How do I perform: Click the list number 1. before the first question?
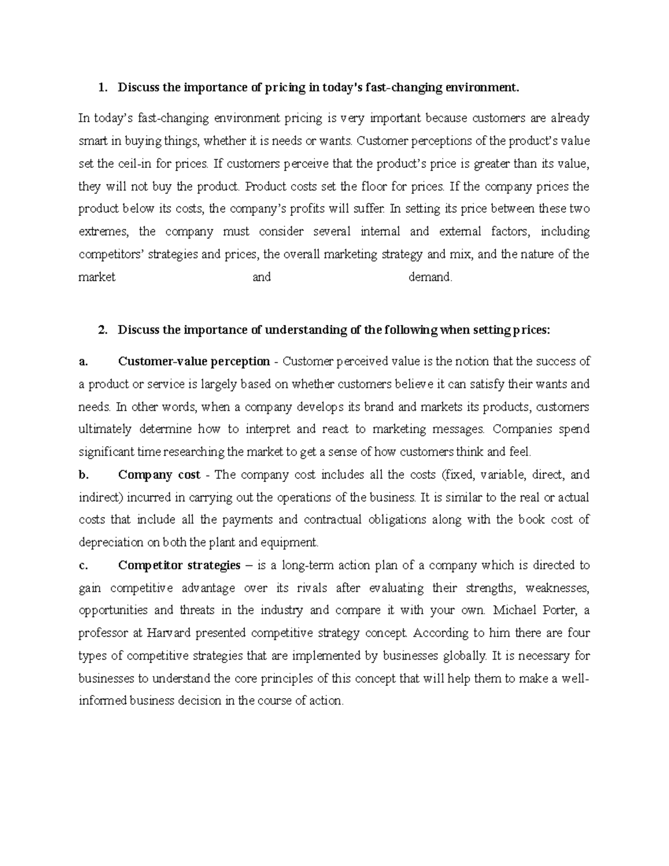101,88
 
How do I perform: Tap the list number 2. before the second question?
101,330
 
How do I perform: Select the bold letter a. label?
84,362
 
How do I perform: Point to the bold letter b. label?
84,475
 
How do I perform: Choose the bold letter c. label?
84,565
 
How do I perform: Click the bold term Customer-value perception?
193,362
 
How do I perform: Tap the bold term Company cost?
159,475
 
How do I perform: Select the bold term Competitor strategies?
179,565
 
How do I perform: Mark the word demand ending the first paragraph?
430,277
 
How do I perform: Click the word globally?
464,656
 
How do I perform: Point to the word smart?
93,141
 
